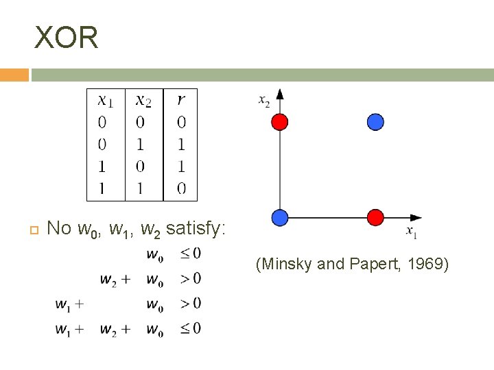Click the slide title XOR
click(67, 38)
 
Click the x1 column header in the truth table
click(106, 101)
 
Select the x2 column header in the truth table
click(143, 101)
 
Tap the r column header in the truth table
click(181, 101)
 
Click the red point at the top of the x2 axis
click(279, 122)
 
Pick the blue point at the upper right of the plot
click(375, 122)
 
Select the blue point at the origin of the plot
click(279, 218)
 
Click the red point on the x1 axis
click(375, 218)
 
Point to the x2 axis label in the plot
click(264, 101)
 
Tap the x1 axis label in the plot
click(412, 232)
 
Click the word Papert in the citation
click(375, 264)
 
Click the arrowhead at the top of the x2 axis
click(279, 94)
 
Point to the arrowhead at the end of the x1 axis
click(415, 218)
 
